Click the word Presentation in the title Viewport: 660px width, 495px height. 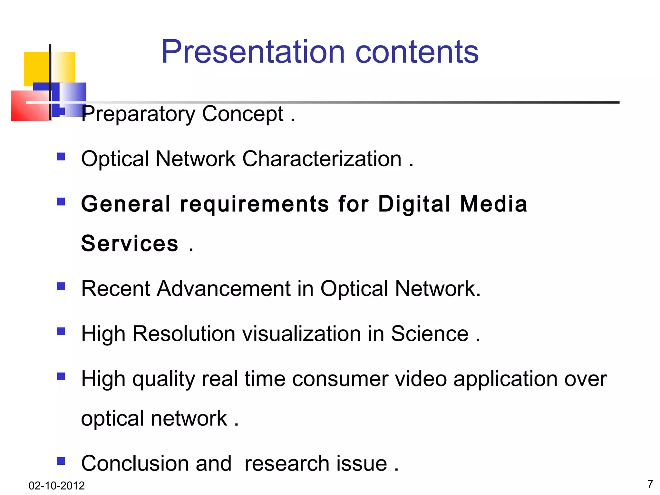253,52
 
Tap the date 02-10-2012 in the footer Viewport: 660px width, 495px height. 56,485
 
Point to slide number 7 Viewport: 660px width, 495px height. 650,484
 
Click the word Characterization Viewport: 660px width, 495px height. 322,159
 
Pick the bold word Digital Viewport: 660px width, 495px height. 414,204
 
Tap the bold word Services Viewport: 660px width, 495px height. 130,243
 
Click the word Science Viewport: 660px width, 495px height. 430,334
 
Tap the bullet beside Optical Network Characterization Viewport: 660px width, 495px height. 61,157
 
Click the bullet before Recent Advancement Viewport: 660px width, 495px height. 61,286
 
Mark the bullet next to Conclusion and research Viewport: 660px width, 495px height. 61,461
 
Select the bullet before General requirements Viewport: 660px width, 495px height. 61,202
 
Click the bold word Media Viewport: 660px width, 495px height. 493,204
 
